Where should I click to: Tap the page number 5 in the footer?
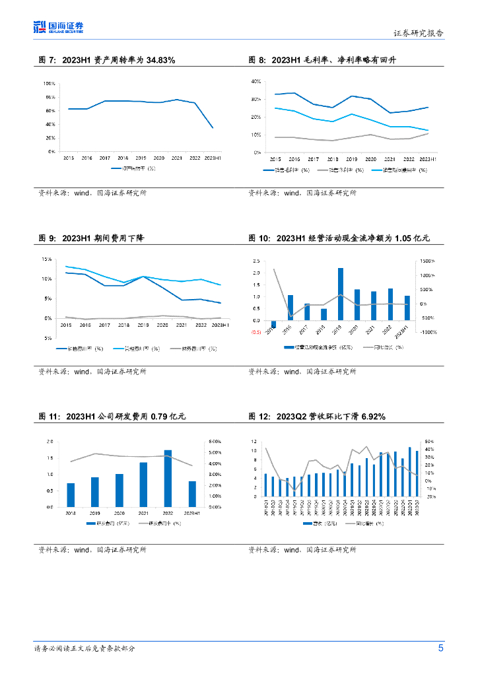pos(440,648)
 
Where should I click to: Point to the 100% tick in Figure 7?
pos(50,84)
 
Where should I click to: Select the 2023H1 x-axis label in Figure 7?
pos(213,158)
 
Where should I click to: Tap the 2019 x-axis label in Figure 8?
pos(352,159)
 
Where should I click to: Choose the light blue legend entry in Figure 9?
pos(135,348)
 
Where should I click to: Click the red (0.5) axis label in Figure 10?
pos(256,332)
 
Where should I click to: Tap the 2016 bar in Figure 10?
pos(290,308)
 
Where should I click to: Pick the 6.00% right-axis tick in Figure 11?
pos(215,441)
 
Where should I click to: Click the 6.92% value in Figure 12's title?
pos(370,417)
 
